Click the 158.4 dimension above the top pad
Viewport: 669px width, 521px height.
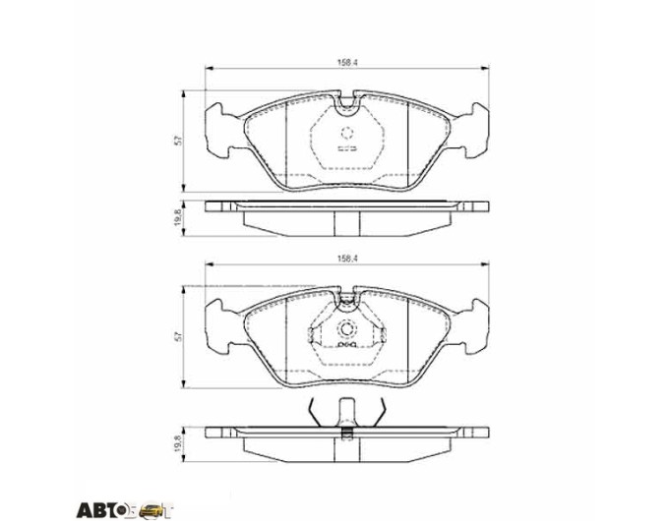[347, 62]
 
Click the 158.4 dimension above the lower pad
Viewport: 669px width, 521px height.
[347, 259]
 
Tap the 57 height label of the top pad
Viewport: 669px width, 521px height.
[180, 141]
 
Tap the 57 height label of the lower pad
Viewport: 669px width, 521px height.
[180, 337]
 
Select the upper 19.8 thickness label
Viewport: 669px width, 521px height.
[179, 217]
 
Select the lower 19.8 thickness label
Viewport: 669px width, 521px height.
[179, 443]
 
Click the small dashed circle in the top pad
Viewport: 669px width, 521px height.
[347, 134]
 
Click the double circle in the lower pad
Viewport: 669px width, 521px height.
[347, 329]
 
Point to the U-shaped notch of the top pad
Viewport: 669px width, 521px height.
[347, 106]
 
